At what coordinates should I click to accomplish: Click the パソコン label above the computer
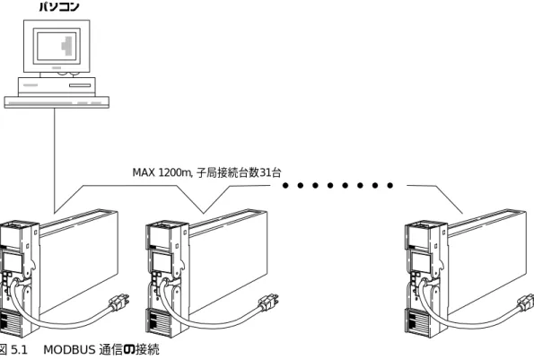point(59,5)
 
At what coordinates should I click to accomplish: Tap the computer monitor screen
point(57,46)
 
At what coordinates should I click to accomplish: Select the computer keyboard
point(57,102)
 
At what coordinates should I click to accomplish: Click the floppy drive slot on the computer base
point(80,85)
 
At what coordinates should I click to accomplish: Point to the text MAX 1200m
point(162,172)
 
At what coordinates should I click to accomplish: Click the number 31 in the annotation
point(266,172)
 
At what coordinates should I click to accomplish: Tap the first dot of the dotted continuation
point(285,185)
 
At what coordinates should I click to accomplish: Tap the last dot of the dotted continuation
point(390,185)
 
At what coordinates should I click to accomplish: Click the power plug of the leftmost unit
point(119,303)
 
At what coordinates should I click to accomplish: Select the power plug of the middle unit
point(268,303)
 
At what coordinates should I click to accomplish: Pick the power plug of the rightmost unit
point(526,303)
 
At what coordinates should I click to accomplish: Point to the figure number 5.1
point(19,350)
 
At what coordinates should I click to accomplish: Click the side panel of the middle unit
point(228,262)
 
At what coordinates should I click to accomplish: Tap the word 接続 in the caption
point(147,350)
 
